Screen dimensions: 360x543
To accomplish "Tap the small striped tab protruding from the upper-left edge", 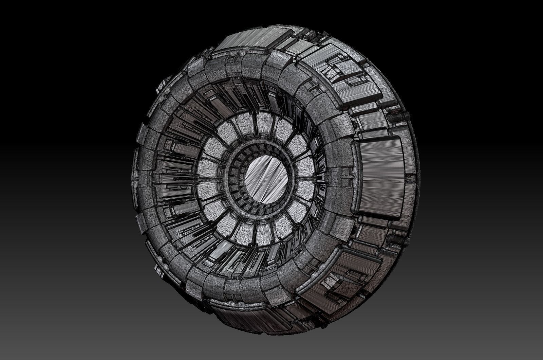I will point(159,88).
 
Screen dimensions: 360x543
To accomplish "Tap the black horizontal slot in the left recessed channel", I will point(176,178).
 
